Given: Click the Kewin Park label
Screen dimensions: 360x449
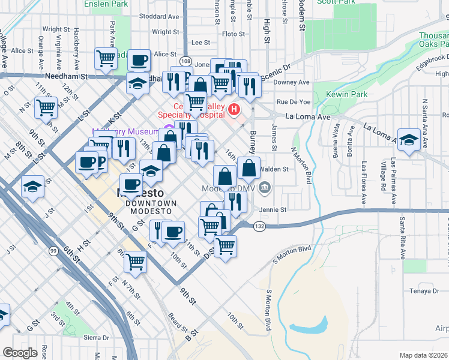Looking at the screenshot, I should [x=346, y=95].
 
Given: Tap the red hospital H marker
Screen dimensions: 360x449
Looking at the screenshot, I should [x=234, y=110].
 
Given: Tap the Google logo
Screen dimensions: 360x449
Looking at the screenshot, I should [x=20, y=353].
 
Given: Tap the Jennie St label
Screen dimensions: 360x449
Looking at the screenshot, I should [x=273, y=210].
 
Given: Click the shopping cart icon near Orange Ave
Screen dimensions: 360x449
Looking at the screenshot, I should [x=46, y=107].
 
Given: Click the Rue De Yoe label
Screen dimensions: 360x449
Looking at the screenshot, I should [x=293, y=101].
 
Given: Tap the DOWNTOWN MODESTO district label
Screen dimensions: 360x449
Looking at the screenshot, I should [x=151, y=203].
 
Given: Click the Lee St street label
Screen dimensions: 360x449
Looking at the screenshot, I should [x=200, y=43].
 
